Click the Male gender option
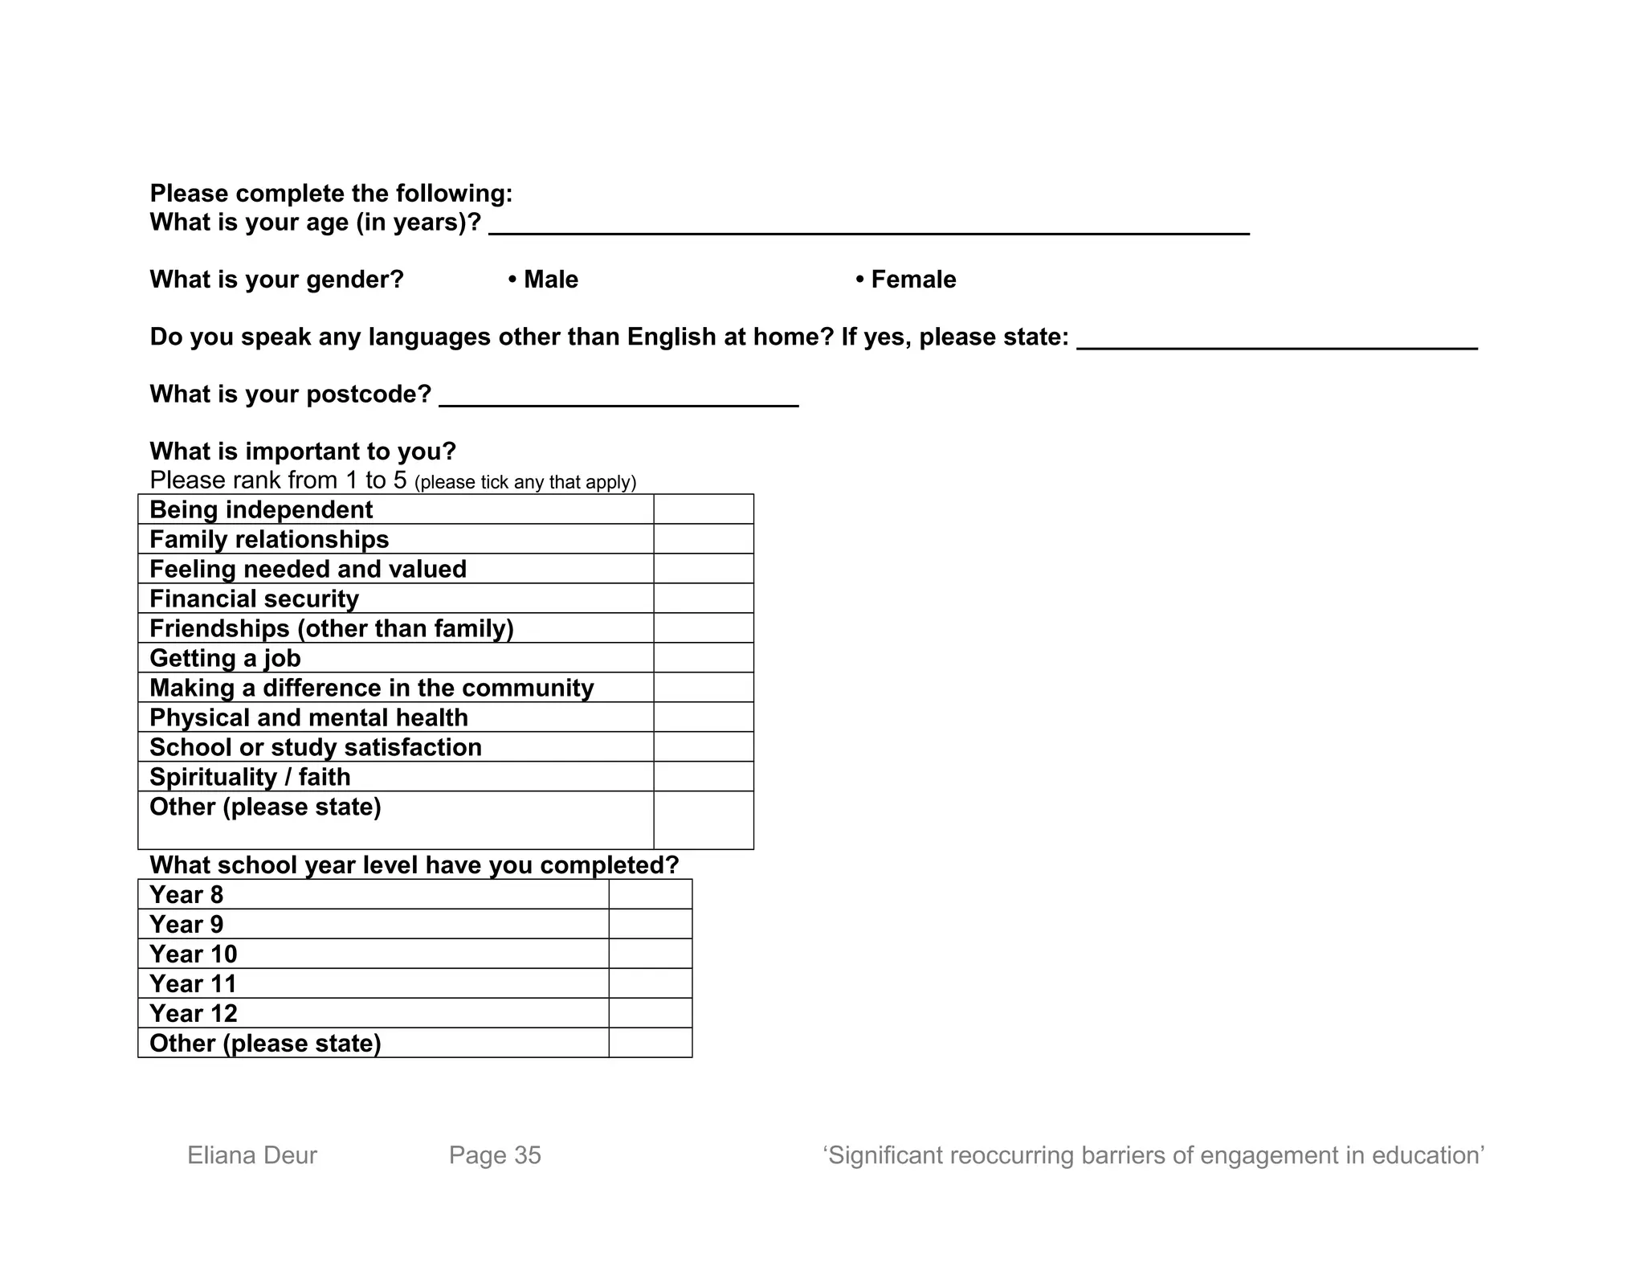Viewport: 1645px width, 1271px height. [x=543, y=280]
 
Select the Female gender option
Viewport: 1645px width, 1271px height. [x=906, y=280]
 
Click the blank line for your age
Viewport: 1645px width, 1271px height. [x=868, y=225]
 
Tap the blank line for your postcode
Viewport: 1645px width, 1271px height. [x=618, y=397]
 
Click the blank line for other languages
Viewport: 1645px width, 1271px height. [x=1276, y=340]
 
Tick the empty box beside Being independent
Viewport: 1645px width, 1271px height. [x=703, y=509]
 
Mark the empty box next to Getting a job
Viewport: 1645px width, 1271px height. [x=703, y=658]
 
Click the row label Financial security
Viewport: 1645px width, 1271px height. [x=254, y=599]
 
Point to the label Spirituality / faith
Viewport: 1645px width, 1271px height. [x=250, y=777]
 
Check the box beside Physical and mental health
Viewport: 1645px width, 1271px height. [x=703, y=717]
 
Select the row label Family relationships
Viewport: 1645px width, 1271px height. [x=269, y=539]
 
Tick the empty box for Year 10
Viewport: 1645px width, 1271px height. [x=650, y=954]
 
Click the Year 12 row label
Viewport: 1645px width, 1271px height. [x=194, y=1013]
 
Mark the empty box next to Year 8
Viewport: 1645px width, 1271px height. [x=650, y=894]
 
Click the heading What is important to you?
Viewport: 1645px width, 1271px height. [x=303, y=452]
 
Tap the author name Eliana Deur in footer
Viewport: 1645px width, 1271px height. [x=252, y=1155]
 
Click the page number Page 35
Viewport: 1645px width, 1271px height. [x=495, y=1155]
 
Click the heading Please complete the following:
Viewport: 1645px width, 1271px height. [x=331, y=194]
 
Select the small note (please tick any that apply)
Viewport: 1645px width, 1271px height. [x=525, y=482]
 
